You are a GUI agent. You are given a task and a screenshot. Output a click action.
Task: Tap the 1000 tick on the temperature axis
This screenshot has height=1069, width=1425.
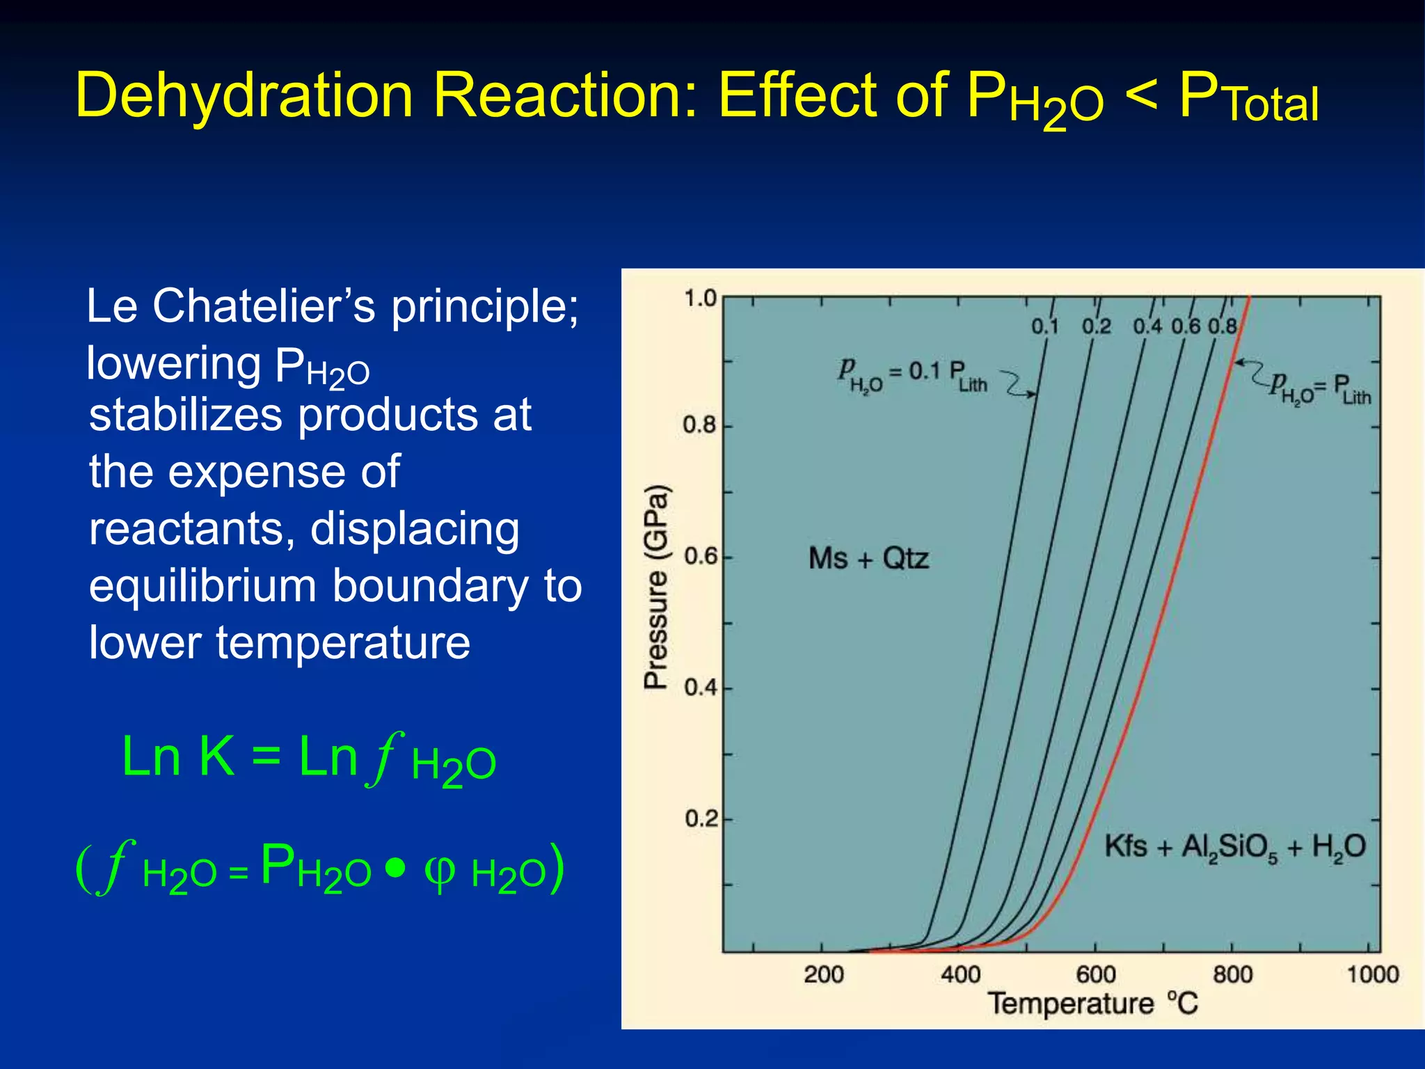1372,974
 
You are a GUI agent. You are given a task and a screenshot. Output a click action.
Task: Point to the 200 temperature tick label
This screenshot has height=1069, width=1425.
824,974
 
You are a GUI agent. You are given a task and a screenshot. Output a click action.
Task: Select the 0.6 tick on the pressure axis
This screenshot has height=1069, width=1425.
700,557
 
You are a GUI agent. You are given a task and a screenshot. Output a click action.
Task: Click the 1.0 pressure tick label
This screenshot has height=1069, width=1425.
700,299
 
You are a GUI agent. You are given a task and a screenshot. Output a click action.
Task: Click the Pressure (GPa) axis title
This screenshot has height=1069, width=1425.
656,587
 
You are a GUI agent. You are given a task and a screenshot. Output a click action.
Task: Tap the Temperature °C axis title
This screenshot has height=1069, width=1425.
1093,1004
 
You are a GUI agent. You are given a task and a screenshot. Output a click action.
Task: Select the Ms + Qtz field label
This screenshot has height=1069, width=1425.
868,559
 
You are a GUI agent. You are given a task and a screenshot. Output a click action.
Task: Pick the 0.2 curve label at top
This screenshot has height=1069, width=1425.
1096,326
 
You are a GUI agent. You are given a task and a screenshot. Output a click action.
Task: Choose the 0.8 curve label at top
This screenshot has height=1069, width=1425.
1223,326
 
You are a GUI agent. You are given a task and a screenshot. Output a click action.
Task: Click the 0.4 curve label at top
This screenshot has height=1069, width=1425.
1147,326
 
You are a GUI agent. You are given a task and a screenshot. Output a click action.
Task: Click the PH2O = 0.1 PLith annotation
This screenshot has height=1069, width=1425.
911,376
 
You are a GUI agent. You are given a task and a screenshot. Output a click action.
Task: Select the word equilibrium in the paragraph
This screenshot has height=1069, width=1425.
203,586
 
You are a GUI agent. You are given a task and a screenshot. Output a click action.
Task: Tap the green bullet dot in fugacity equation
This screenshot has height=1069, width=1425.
395,868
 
